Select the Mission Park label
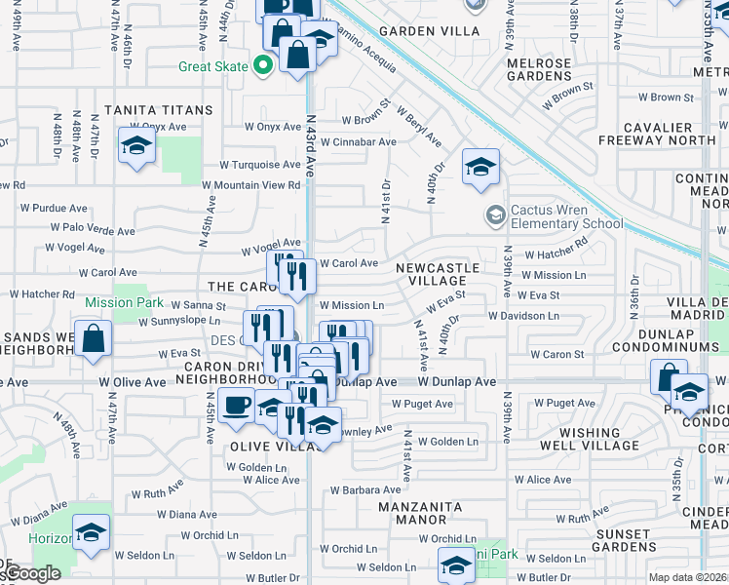(x=124, y=302)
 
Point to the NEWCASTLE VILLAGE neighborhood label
(x=438, y=274)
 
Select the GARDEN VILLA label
(x=429, y=31)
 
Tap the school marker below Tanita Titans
(x=137, y=147)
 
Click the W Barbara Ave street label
(x=364, y=490)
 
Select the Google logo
(x=29, y=574)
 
